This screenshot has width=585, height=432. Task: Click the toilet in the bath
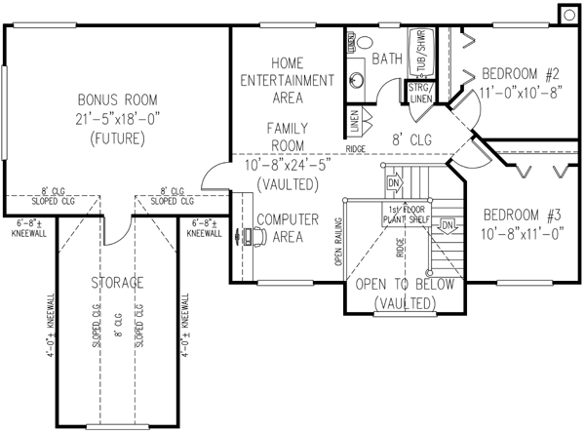(x=364, y=43)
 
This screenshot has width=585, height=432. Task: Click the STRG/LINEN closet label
(x=421, y=92)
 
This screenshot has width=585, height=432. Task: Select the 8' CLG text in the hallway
(x=412, y=140)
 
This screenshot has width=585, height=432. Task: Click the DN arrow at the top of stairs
(x=395, y=182)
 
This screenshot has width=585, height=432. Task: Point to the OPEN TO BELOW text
(x=403, y=284)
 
